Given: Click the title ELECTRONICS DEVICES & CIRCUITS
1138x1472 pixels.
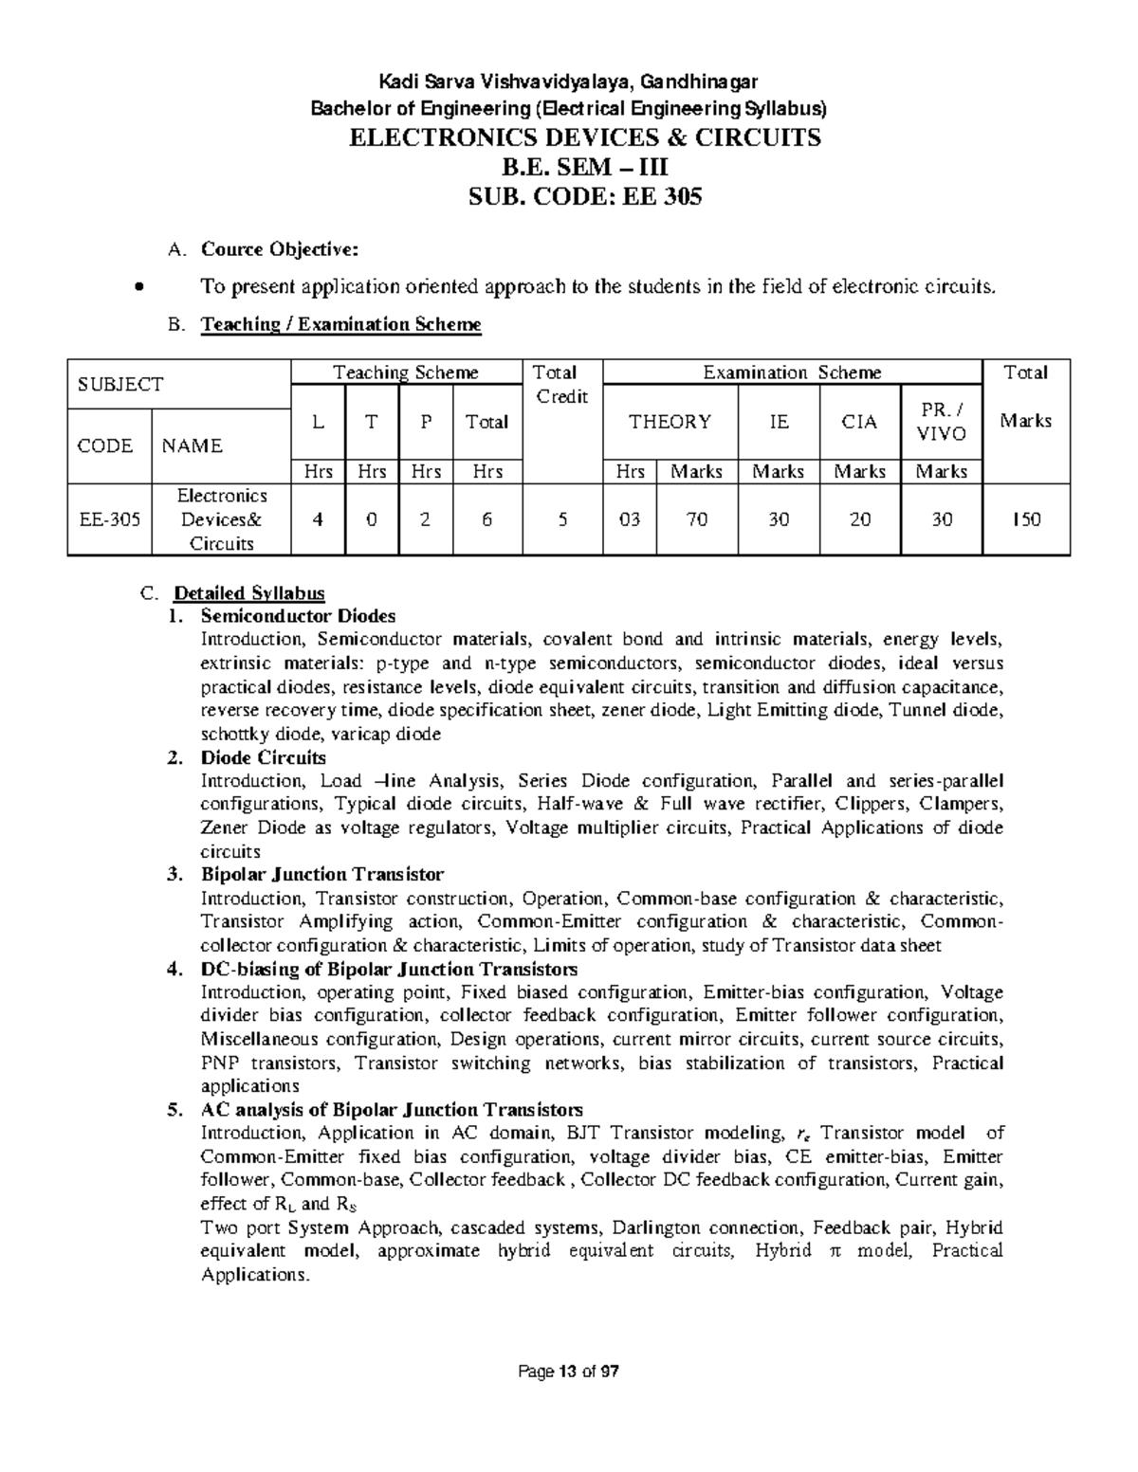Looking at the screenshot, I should pos(585,138).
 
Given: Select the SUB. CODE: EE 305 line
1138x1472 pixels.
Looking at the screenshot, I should pos(585,197).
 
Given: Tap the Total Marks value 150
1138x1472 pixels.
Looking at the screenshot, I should pos(1026,519).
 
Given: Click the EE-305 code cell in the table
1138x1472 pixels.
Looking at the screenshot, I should pos(109,519).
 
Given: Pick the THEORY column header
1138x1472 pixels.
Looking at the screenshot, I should pos(670,422).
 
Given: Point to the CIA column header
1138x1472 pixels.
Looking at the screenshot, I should pos(860,422).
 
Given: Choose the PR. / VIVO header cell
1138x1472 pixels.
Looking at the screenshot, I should pos(942,422).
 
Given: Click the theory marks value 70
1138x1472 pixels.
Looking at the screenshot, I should pos(697,519).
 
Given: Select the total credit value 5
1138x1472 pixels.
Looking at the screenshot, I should pos(562,519).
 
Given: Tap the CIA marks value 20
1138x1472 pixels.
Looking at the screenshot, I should pos(860,519).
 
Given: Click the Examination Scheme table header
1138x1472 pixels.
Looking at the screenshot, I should pos(792,373).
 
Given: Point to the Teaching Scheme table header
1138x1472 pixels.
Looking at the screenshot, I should pos(406,373).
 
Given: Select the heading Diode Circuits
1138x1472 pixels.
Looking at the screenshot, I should pos(263,757).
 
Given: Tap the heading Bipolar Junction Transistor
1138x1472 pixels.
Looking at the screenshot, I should pos(321,874).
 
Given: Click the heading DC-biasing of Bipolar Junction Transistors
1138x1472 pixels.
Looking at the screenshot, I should pos(389,969).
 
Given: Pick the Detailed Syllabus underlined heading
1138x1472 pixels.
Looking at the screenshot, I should pos(248,593).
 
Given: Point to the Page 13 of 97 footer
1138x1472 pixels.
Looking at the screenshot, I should pos(569,1372).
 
